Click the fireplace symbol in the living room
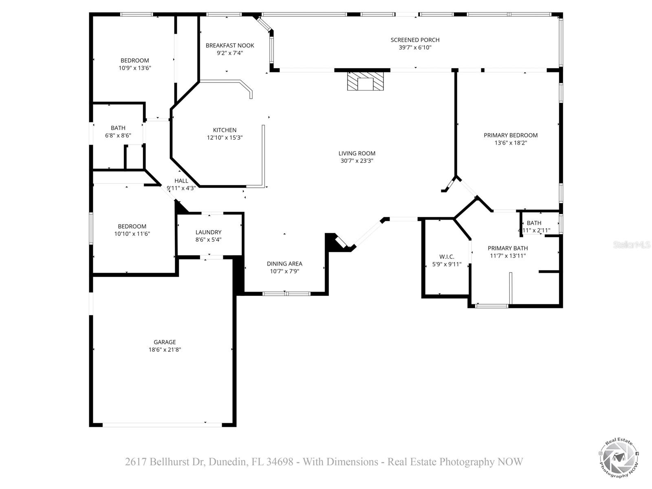point(365,81)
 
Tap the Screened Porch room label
point(415,40)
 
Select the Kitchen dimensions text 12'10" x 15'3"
point(225,138)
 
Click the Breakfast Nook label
point(230,45)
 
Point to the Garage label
point(165,342)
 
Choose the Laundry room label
point(208,232)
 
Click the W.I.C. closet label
point(447,257)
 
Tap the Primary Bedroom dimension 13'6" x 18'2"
point(511,143)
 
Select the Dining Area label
point(284,264)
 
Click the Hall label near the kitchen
point(181,181)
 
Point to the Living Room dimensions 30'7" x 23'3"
point(357,161)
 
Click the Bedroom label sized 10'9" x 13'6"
point(134,60)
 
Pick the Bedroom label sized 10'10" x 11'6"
point(132,226)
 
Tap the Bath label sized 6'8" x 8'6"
point(118,128)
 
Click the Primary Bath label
point(508,248)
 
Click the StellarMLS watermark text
point(632,245)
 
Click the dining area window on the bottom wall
point(286,293)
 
